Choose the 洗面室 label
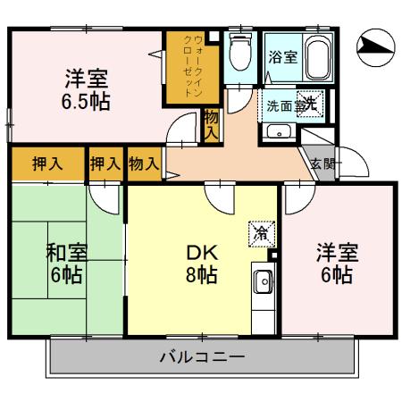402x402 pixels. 284,105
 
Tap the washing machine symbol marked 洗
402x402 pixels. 309,105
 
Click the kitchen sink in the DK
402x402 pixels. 264,285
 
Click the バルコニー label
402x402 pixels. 202,358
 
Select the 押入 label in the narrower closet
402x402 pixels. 105,163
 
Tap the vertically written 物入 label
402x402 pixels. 210,122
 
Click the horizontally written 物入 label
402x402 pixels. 144,163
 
